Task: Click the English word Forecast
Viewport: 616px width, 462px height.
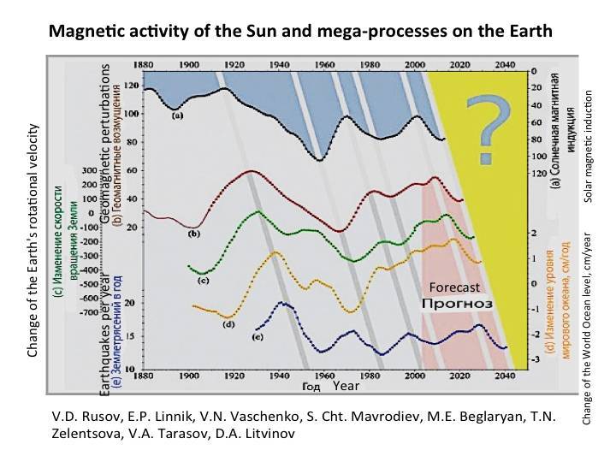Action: click(453, 288)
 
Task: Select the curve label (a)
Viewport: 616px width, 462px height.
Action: click(177, 114)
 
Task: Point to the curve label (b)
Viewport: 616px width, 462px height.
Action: click(193, 233)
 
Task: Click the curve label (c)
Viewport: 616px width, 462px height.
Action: click(204, 280)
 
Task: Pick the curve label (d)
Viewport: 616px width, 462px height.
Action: click(228, 323)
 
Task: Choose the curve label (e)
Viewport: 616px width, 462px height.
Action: click(258, 338)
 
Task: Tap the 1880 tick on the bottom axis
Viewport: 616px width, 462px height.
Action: click(143, 376)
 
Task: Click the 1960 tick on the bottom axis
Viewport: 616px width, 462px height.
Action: click(323, 376)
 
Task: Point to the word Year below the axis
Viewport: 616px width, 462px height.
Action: click(345, 388)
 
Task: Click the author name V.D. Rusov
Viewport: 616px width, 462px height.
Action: click(79, 417)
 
